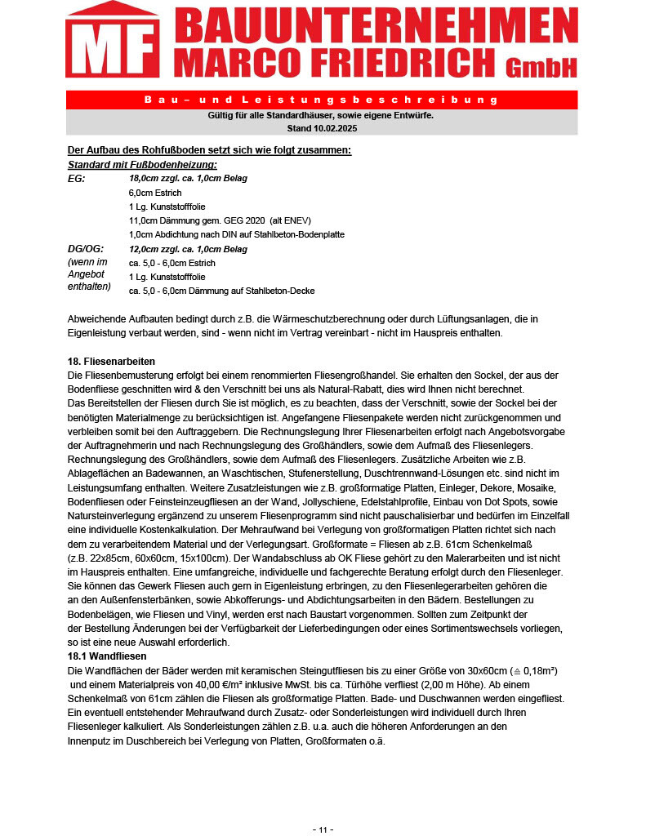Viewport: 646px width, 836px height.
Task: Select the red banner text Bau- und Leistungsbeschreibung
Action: pyautogui.click(x=321, y=100)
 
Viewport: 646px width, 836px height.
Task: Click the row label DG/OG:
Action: pyautogui.click(x=85, y=249)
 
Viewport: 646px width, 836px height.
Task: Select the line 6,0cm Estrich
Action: pyautogui.click(x=155, y=193)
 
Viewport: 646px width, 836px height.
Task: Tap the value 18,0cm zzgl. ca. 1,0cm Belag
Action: pyautogui.click(x=188, y=178)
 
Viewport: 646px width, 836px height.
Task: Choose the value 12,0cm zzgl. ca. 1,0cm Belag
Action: pyautogui.click(x=188, y=249)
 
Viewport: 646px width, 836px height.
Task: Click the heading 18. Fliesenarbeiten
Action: pyautogui.click(x=111, y=361)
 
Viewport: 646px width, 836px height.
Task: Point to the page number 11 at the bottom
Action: pyautogui.click(x=323, y=829)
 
